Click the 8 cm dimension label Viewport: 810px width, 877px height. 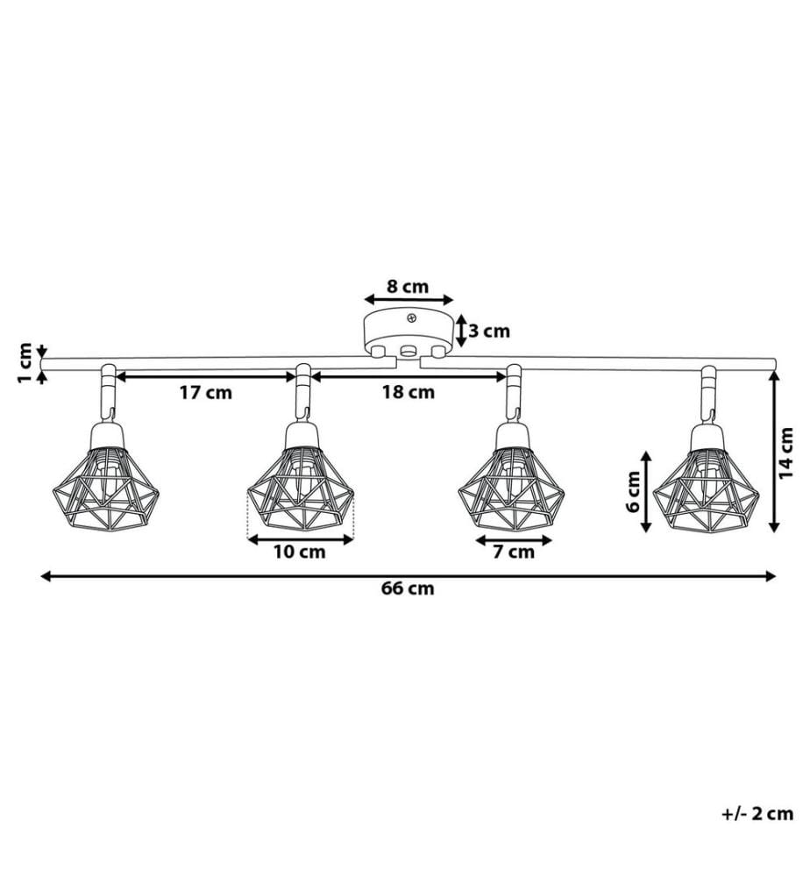click(x=408, y=287)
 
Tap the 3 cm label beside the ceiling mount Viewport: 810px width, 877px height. click(x=489, y=332)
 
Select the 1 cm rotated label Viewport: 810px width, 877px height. click(x=25, y=363)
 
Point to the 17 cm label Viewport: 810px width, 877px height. click(x=206, y=393)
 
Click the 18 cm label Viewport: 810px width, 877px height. click(x=409, y=392)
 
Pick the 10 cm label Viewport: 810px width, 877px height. click(x=299, y=552)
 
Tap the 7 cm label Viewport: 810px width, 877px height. click(x=514, y=552)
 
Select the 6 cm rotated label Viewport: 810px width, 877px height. click(x=633, y=492)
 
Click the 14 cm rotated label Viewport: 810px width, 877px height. click(x=786, y=453)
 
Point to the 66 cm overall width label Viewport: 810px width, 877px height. click(x=409, y=588)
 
